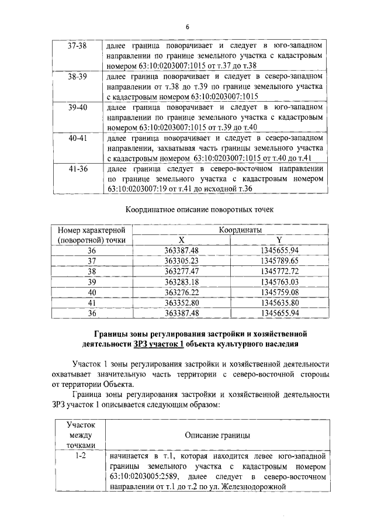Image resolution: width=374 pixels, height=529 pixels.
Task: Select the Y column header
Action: [x=279, y=240]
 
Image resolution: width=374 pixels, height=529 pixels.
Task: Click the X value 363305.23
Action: [x=182, y=261]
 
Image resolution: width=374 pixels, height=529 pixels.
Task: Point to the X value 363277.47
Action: [x=182, y=271]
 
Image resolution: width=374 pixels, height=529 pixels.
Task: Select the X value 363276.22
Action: [x=182, y=292]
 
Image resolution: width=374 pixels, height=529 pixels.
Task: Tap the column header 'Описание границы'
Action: [x=217, y=435]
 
